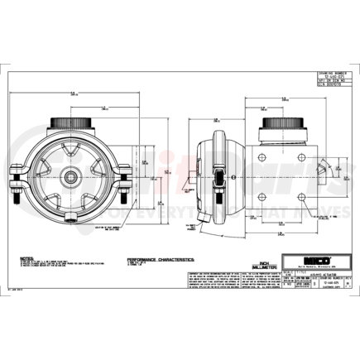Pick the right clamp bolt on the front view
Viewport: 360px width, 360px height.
(x=125, y=177)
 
